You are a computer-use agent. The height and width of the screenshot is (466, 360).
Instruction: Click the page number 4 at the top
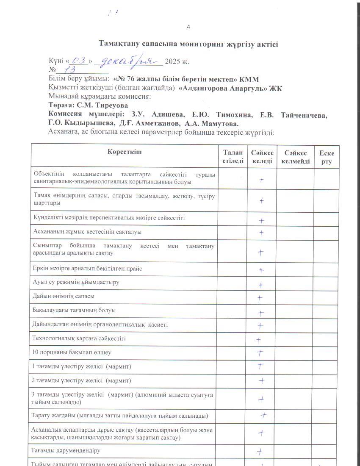pyautogui.click(x=188, y=27)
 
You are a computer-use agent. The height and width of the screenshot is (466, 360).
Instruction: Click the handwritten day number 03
pyautogui.click(x=79, y=60)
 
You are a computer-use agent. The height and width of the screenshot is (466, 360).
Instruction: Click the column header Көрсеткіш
pyautogui.click(x=125, y=153)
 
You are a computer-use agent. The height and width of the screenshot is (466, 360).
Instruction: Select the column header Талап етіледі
pyautogui.click(x=233, y=157)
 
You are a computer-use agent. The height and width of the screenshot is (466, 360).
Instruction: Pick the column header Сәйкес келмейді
pyautogui.click(x=295, y=157)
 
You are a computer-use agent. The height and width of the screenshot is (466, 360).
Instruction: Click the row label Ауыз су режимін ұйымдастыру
pyautogui.click(x=76, y=282)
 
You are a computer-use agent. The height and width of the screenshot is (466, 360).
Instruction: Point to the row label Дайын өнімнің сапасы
pyautogui.click(x=64, y=297)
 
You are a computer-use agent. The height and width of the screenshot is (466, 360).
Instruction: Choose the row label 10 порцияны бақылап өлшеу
pyautogui.click(x=72, y=352)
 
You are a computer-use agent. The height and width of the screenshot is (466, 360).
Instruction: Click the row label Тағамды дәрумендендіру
pyautogui.click(x=66, y=451)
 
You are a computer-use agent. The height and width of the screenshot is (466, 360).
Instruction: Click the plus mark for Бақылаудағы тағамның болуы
pyautogui.click(x=261, y=313)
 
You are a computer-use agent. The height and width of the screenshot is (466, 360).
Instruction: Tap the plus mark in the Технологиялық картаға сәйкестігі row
pyautogui.click(x=258, y=340)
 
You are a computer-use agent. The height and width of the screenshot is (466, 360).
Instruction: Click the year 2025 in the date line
pyautogui.click(x=173, y=61)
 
